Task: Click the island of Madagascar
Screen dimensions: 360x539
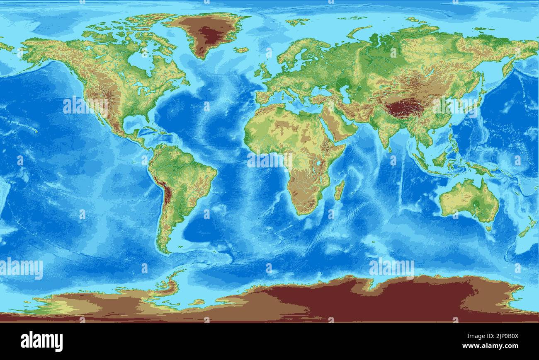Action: click(x=339, y=190)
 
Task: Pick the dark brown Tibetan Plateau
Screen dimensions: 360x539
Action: click(x=404, y=109)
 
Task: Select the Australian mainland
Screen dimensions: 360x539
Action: click(x=469, y=201)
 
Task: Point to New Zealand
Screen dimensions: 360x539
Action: click(x=526, y=228)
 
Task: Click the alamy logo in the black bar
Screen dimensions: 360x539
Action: click(x=41, y=341)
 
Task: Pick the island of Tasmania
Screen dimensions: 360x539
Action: click(x=488, y=228)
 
